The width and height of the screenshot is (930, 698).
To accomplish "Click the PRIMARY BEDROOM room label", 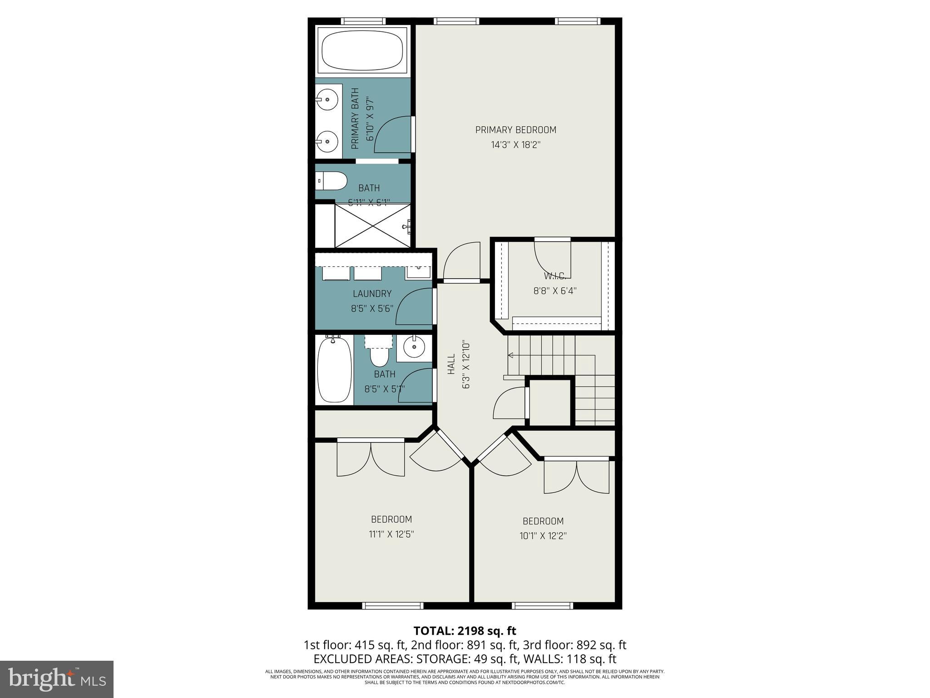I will pos(515,130).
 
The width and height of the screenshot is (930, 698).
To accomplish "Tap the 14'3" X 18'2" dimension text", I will pos(515,145).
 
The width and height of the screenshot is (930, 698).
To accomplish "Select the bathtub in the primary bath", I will pos(362,50).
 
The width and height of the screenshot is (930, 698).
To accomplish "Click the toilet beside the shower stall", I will pos(331,181).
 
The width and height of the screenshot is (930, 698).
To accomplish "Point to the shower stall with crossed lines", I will pos(372,226).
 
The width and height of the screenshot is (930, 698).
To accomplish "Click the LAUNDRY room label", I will pos(372,294).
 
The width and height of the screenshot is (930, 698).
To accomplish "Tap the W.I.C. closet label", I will pos(554,276).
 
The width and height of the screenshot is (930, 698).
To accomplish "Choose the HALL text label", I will pos(451,364).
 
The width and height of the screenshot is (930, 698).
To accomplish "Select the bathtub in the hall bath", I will pos(334,369).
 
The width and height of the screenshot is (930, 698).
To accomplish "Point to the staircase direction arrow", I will pos(510,355).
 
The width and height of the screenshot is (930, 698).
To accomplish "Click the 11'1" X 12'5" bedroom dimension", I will pos(391,534).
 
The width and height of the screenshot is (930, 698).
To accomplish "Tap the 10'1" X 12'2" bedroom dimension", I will pos(543,536).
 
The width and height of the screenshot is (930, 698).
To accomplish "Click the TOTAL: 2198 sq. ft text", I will pos(465,631).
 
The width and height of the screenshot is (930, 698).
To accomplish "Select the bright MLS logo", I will pos(57,679).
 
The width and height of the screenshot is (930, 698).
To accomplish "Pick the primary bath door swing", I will pos(394,134).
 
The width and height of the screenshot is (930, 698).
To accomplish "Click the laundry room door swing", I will pos(413,307).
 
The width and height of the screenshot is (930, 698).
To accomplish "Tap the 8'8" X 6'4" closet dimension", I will pos(554,291).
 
